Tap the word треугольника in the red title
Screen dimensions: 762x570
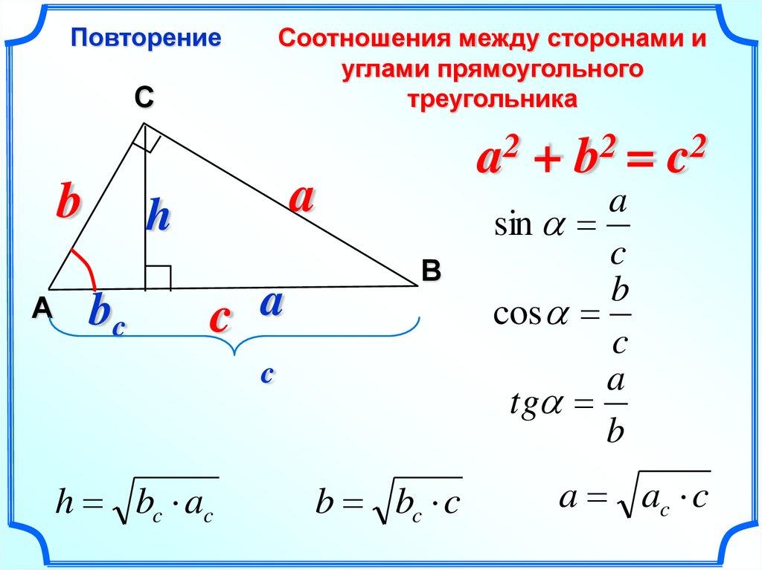[493, 99]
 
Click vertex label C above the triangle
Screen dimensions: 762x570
[144, 97]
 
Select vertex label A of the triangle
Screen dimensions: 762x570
[42, 308]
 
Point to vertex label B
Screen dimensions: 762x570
[431, 271]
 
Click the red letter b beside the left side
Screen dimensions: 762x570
[68, 200]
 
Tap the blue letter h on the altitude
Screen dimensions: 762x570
[158, 214]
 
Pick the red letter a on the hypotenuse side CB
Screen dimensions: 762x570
[302, 199]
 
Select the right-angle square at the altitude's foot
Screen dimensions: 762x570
[159, 278]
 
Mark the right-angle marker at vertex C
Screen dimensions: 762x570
[146, 138]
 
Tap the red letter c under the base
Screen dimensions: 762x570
[220, 319]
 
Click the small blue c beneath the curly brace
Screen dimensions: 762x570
[267, 375]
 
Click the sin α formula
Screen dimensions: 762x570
[563, 227]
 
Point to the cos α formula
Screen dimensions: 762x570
[563, 317]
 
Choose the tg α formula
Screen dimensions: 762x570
[569, 407]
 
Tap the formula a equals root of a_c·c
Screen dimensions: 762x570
[635, 495]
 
